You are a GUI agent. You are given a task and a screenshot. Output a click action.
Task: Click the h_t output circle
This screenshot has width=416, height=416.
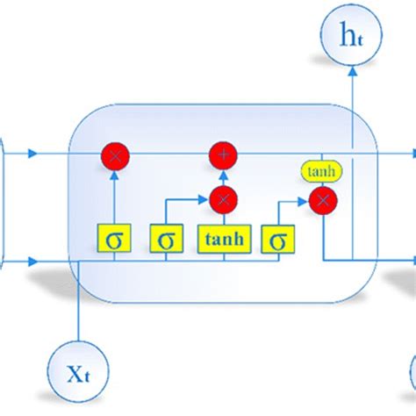pos(352,35)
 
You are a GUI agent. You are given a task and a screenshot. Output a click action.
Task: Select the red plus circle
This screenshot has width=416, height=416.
pos(224,155)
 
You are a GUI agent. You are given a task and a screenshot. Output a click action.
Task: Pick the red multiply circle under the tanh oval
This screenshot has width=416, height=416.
pos(324,200)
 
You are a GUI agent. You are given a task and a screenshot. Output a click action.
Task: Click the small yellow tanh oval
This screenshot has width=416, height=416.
pos(321,172)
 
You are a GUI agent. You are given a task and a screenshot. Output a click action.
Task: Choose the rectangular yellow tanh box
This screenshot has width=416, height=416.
pos(224,239)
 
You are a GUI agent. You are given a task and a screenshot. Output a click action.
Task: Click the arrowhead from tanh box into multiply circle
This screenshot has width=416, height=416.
pos(224,215)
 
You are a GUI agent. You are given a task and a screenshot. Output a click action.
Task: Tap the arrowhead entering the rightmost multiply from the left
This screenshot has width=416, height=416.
pos(307,200)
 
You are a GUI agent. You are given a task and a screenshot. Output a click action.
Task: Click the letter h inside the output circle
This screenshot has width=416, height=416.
pos(348,34)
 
